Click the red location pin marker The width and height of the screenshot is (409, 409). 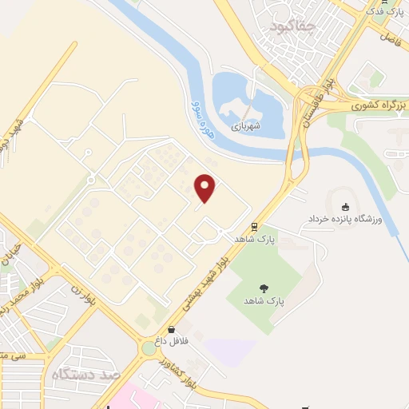pos(206,188)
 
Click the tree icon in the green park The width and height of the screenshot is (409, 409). pos(264,288)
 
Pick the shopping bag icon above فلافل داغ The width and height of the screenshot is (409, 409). pos(171,328)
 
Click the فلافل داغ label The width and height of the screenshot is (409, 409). pos(171,341)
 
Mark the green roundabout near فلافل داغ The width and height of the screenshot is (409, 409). pos(149,348)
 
